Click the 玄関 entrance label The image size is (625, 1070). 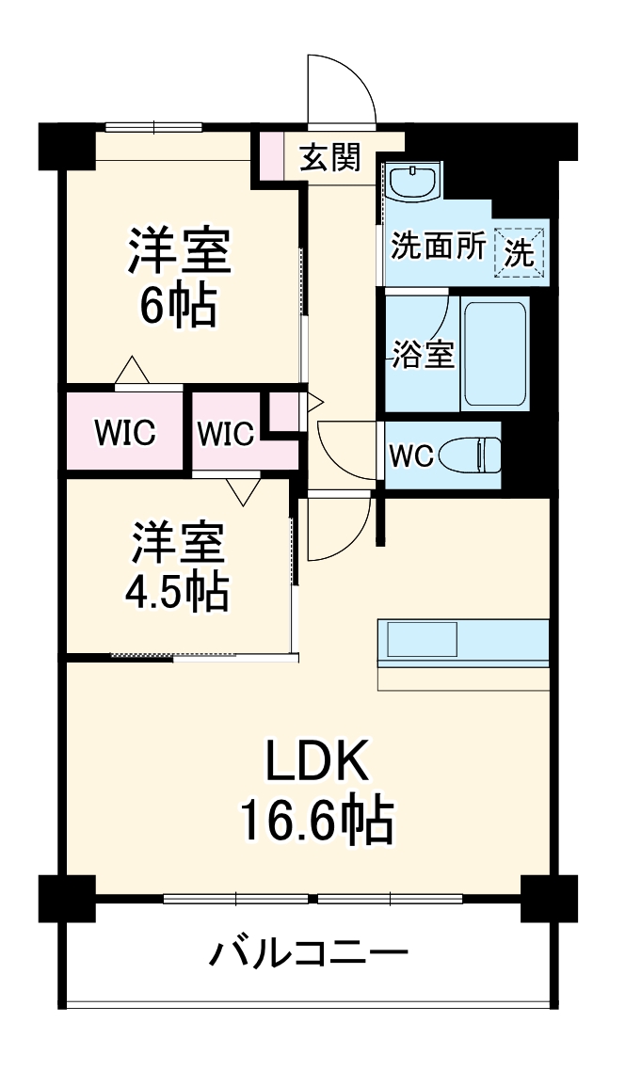coord(329,158)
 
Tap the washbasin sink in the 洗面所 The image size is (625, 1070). coord(413,182)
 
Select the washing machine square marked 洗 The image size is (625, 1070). coord(520,252)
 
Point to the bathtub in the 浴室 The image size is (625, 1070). coord(493,354)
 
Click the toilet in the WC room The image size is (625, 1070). coord(475,455)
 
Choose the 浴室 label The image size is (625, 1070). coord(424,354)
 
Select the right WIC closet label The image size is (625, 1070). coord(225,435)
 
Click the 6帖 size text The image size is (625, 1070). coord(179,306)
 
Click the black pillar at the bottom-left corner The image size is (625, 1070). coord(67,898)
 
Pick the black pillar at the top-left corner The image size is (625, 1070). coord(66,145)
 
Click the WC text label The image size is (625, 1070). coord(410,456)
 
